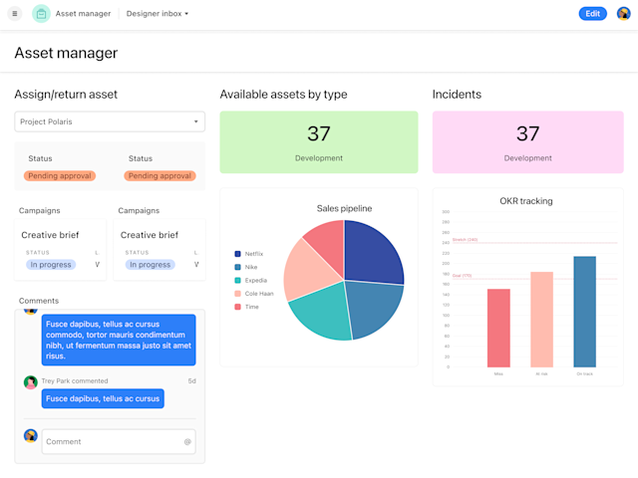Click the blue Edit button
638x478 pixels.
[x=592, y=14]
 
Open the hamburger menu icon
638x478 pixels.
[x=14, y=14]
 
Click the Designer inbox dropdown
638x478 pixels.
[x=158, y=14]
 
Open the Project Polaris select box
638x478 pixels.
[x=110, y=121]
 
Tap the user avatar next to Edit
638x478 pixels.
[x=624, y=14]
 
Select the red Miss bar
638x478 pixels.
[x=498, y=328]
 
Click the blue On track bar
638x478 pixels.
[x=584, y=312]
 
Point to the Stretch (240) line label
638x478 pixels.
[x=465, y=240]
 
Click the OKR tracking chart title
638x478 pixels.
[x=526, y=201]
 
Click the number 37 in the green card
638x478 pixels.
[x=319, y=133]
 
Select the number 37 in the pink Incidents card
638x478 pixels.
[x=527, y=133]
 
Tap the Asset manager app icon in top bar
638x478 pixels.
[x=41, y=14]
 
